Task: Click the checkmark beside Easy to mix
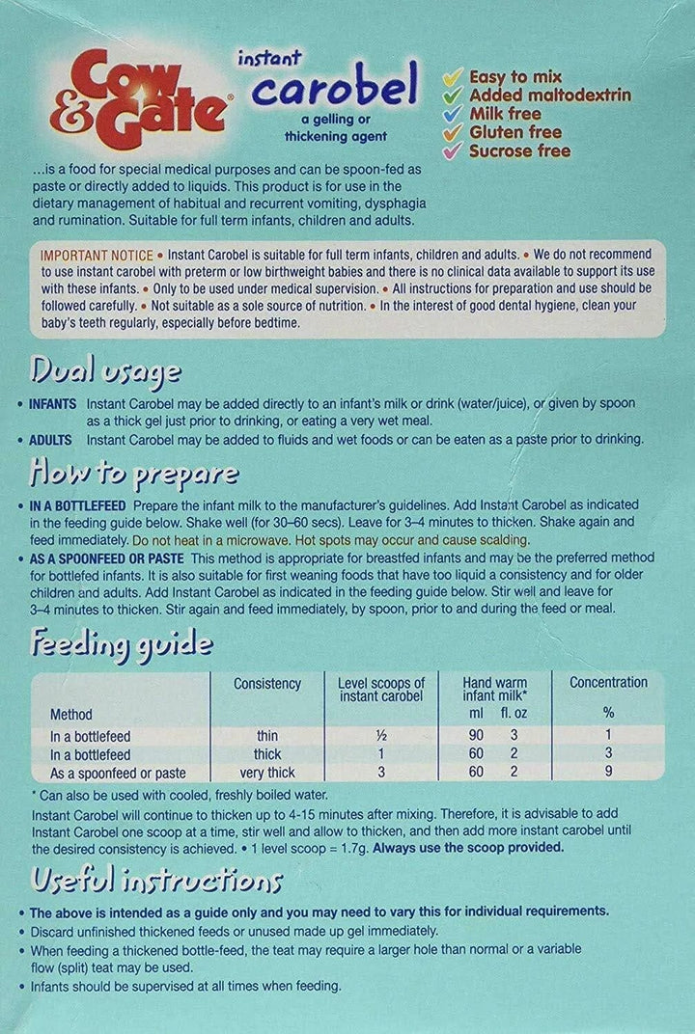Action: coord(453,76)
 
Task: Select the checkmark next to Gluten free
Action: coord(453,132)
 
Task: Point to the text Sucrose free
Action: coord(519,150)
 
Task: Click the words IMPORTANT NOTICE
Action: coord(97,256)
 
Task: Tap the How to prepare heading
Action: coord(134,474)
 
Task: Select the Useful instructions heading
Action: coord(156,880)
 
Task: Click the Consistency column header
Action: coord(267,684)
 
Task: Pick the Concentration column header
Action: coord(608,683)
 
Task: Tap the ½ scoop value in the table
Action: coord(380,736)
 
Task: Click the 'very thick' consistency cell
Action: coord(267,773)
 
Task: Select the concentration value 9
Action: coord(608,773)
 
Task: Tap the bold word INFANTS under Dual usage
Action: coord(54,403)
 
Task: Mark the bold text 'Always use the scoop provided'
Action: coord(467,848)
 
